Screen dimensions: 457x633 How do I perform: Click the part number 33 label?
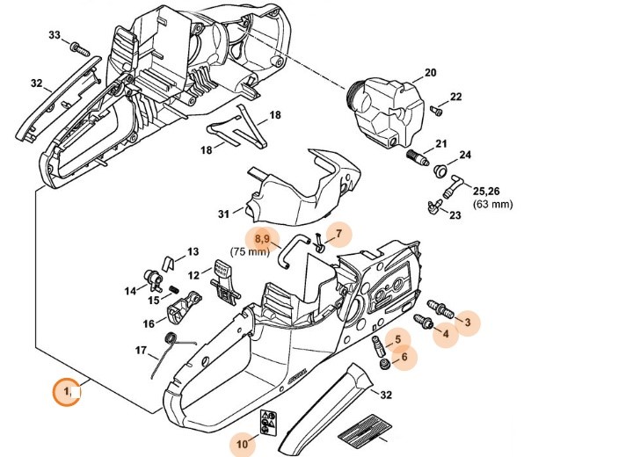point(55,35)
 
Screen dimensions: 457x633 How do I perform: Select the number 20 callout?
point(430,72)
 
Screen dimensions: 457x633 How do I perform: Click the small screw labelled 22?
point(436,110)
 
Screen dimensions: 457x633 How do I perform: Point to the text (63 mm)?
point(493,205)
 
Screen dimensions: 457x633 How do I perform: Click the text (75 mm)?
point(249,252)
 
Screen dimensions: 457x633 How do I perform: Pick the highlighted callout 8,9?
point(261,237)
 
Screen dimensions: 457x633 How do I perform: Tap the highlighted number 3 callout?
point(468,323)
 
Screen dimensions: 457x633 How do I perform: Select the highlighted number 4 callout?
point(445,333)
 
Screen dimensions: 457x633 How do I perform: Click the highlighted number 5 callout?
point(397,337)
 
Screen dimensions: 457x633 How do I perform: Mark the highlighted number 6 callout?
point(404,356)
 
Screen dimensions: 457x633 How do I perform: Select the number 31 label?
point(223,213)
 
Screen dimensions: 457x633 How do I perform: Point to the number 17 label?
point(141,351)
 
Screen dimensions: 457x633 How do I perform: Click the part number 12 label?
point(194,274)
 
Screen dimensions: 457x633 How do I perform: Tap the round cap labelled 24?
point(443,170)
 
